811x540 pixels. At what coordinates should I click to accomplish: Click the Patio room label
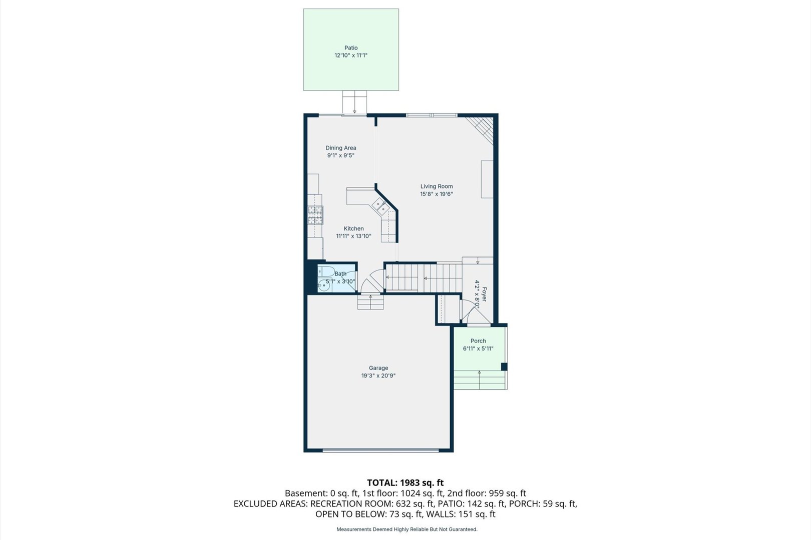[351, 47]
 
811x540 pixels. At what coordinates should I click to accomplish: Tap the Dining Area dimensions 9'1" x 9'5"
[341, 155]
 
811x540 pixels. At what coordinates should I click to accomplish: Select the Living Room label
[436, 186]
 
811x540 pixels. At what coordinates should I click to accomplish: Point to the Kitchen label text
[354, 228]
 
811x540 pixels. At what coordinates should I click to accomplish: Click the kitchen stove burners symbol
[315, 215]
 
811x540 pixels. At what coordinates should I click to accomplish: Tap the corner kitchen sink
[379, 206]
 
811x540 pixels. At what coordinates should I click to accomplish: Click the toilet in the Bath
[326, 271]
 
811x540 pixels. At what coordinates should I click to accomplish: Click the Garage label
[378, 368]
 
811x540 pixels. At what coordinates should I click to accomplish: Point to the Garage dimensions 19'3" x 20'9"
[378, 376]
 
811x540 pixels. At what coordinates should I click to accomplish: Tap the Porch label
[478, 340]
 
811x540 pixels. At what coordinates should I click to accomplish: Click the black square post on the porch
[504, 367]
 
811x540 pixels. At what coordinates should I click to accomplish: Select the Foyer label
[485, 294]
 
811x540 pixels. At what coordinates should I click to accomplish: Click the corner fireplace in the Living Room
[480, 130]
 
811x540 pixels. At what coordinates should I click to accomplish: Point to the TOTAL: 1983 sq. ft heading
[405, 483]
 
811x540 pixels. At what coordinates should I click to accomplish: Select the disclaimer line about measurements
[407, 529]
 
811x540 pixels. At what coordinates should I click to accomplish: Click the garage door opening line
[380, 450]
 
